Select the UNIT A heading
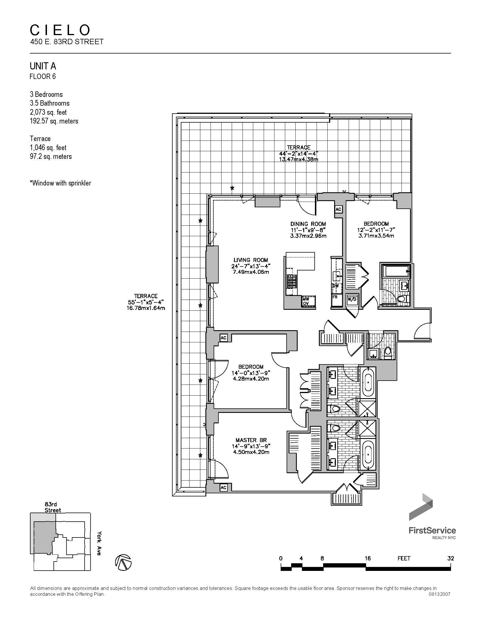[x=43, y=66]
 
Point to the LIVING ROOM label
[x=251, y=260]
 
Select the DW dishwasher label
[x=335, y=285]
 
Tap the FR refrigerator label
[x=335, y=297]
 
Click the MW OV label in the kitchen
[x=306, y=301]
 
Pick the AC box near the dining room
[x=338, y=209]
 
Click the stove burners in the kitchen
[x=292, y=281]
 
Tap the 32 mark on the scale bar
[x=450, y=558]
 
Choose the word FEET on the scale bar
[x=404, y=558]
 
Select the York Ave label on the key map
[x=98, y=543]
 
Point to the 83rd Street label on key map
[x=53, y=507]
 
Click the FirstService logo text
[x=432, y=530]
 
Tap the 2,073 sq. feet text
[x=48, y=112]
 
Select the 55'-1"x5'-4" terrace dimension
[x=146, y=302]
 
